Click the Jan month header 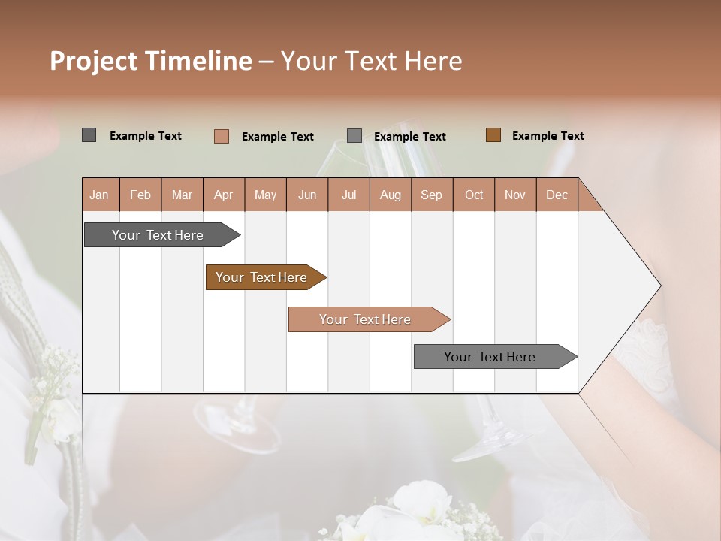point(100,195)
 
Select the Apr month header point(224,195)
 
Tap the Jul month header point(348,195)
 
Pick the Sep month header point(432,195)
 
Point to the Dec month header point(557,195)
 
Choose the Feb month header point(140,195)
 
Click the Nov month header point(515,195)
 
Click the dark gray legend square point(89,135)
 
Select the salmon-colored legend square point(222,136)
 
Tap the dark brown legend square point(493,135)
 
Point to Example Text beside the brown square point(548,136)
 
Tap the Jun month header point(307,195)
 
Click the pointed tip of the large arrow point(659,286)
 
